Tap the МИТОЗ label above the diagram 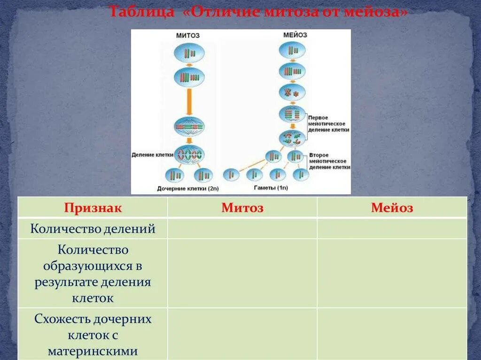[188, 35]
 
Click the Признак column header [93, 208]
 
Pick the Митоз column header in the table [242, 208]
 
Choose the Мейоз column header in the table [392, 208]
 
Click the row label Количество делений [93, 229]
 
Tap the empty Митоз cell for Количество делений [242, 229]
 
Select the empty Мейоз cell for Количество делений [392, 229]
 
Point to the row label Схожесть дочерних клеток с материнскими [93, 335]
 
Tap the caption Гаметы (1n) [271, 188]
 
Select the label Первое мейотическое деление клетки [329, 123]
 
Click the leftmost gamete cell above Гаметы [231, 175]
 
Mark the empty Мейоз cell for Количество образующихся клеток [392, 273]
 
